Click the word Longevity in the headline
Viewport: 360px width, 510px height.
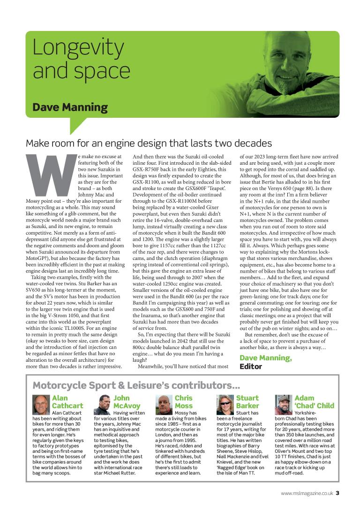coord(79,48)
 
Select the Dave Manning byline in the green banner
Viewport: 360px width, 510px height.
coord(70,107)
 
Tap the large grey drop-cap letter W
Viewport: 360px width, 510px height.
coord(51,175)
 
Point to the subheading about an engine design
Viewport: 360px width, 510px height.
coord(149,143)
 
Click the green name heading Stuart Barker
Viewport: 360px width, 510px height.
coord(247,402)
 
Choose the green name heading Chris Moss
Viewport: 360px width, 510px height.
coord(184,402)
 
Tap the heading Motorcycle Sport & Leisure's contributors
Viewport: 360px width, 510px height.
coord(136,386)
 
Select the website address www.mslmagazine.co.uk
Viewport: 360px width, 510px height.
coord(307,493)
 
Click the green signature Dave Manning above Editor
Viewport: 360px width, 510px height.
coord(265,358)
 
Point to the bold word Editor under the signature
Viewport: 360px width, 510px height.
coord(251,366)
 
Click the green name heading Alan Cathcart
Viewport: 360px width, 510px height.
coord(67,402)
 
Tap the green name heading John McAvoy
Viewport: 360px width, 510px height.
coord(127,402)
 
